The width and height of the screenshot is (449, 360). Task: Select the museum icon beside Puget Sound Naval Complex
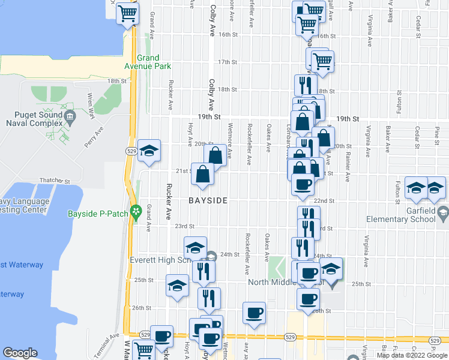pos(70,115)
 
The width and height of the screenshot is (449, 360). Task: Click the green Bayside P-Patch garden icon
pos(136,212)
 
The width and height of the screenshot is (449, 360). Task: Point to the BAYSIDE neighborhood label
pos(208,200)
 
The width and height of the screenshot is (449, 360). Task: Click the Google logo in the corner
pos(20,353)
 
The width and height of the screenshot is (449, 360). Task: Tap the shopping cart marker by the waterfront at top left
pos(127,12)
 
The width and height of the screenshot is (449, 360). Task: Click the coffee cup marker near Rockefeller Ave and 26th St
pos(254,312)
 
